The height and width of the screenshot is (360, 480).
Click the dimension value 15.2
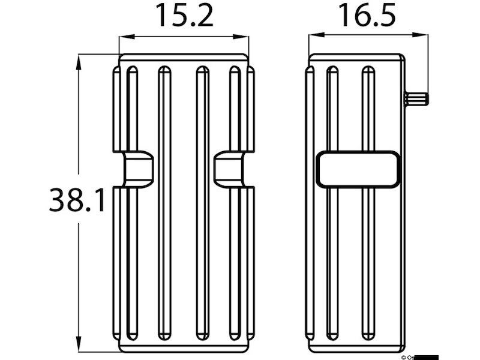click(184, 16)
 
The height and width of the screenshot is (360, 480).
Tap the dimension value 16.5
click(367, 16)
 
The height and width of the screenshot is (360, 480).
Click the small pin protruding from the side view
click(416, 98)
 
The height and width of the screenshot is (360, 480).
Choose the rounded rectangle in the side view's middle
click(358, 169)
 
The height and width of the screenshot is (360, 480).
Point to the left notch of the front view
click(138, 169)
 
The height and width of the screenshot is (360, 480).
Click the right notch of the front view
click(229, 169)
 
